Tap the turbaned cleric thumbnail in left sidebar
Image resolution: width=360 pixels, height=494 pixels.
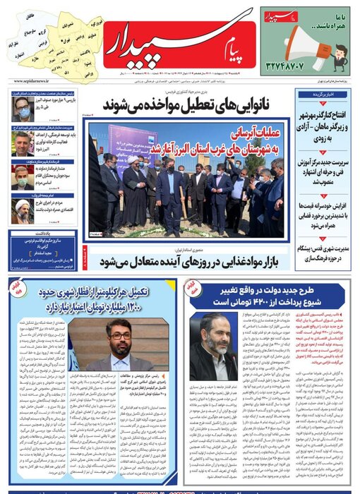click(x=20, y=211)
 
